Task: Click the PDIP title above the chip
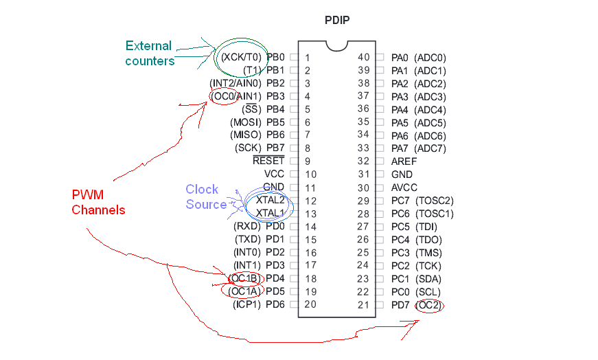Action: pyautogui.click(x=336, y=20)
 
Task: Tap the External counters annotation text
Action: pyautogui.click(x=150, y=54)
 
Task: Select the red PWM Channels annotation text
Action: pyautogui.click(x=98, y=203)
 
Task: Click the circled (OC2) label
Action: pyautogui.click(x=430, y=305)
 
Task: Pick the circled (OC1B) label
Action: pyautogui.click(x=244, y=278)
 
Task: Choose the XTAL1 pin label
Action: pyautogui.click(x=270, y=214)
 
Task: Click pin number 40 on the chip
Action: pyautogui.click(x=363, y=58)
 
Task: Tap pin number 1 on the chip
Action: pyautogui.click(x=308, y=58)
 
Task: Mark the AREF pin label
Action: pyautogui.click(x=404, y=161)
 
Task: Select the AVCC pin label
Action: pyautogui.click(x=404, y=188)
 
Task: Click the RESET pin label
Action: pyautogui.click(x=268, y=161)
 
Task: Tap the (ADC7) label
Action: pyautogui.click(x=430, y=148)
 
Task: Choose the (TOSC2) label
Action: pyautogui.click(x=435, y=201)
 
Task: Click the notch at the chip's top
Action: pyautogui.click(x=336, y=44)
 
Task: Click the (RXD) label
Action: pyautogui.click(x=245, y=227)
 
